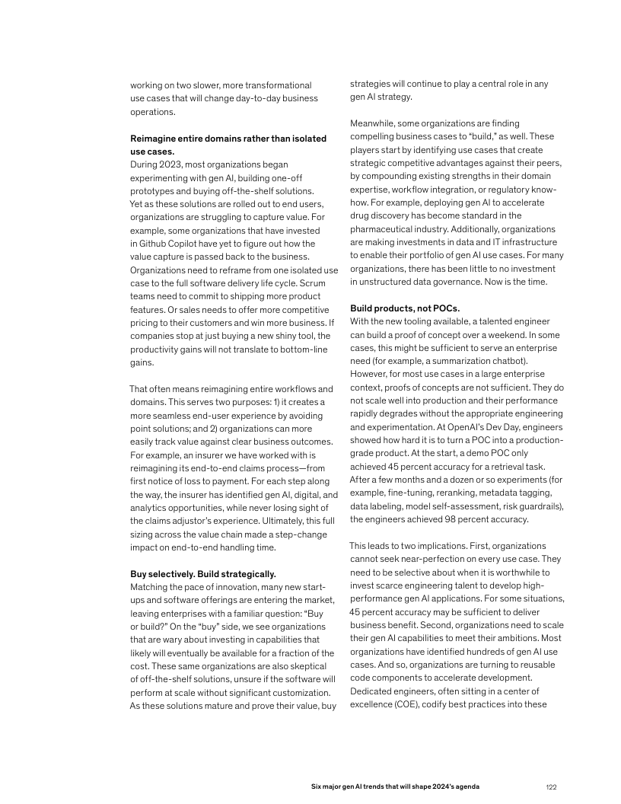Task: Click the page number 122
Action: pos(552,786)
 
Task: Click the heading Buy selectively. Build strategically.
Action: pos(203,573)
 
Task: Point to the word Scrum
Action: pos(325,282)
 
